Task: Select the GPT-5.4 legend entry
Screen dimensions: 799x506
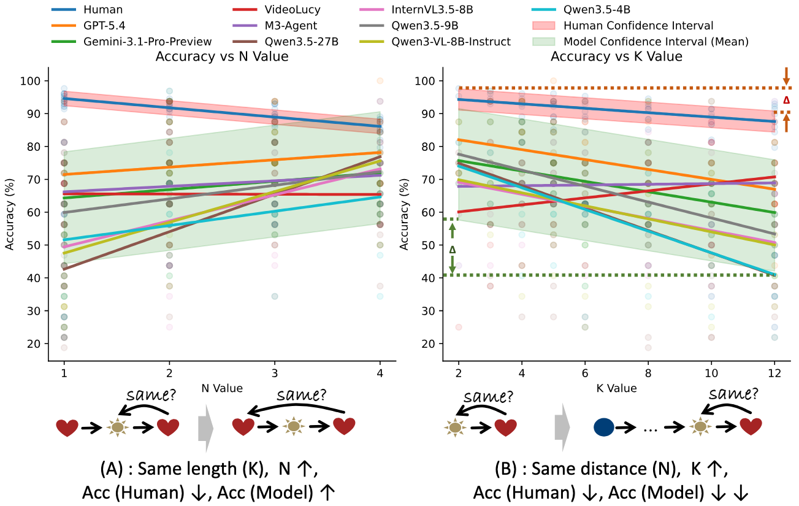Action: pyautogui.click(x=88, y=26)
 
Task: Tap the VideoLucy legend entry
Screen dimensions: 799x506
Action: pyautogui.click(x=277, y=10)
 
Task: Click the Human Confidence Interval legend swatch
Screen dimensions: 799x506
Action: pyautogui.click(x=544, y=26)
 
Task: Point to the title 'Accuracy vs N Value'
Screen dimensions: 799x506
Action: pyautogui.click(x=222, y=56)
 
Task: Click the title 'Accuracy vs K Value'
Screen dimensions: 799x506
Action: pyautogui.click(x=616, y=56)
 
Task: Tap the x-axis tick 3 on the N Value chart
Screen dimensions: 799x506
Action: pyautogui.click(x=275, y=374)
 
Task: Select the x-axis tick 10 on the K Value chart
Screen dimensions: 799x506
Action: pyautogui.click(x=711, y=374)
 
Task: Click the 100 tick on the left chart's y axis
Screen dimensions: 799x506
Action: pyautogui.click(x=30, y=81)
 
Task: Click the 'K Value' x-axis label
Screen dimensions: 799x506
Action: pyautogui.click(x=616, y=388)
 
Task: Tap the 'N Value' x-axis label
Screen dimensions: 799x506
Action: pyautogui.click(x=222, y=388)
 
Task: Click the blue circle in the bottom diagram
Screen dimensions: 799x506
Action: pyautogui.click(x=603, y=427)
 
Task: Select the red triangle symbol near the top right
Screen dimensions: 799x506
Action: pyautogui.click(x=786, y=100)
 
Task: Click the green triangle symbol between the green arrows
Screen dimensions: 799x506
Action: pyautogui.click(x=453, y=250)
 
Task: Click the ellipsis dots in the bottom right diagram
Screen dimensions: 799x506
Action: pyautogui.click(x=650, y=431)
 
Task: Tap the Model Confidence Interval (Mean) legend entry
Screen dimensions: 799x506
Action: pyautogui.click(x=640, y=42)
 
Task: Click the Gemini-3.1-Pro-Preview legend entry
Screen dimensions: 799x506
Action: pyautogui.click(x=132, y=42)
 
